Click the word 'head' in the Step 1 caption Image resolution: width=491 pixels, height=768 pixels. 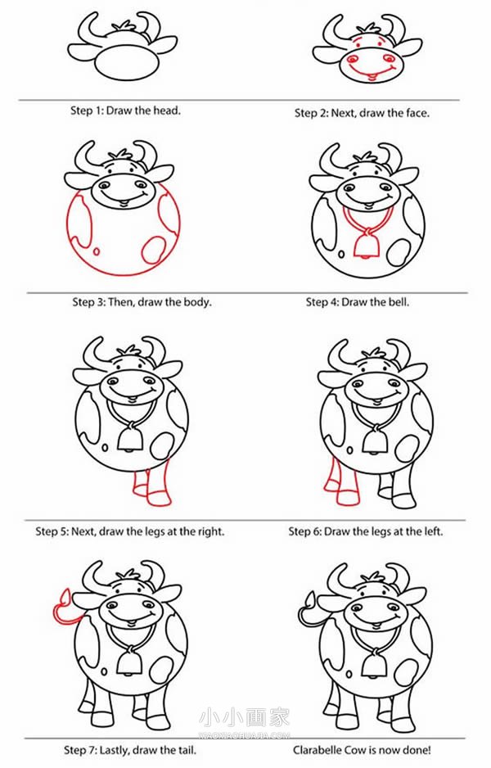coord(166,111)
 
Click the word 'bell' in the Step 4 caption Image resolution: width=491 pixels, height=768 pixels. coord(399,302)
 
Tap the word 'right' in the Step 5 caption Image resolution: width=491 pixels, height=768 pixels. coord(210,532)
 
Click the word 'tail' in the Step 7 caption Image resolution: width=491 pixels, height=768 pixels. coord(187,750)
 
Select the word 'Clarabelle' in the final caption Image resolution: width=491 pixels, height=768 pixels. coord(317,750)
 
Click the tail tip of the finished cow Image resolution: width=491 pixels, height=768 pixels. coord(310,599)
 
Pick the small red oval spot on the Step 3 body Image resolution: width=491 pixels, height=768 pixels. coord(97,251)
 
